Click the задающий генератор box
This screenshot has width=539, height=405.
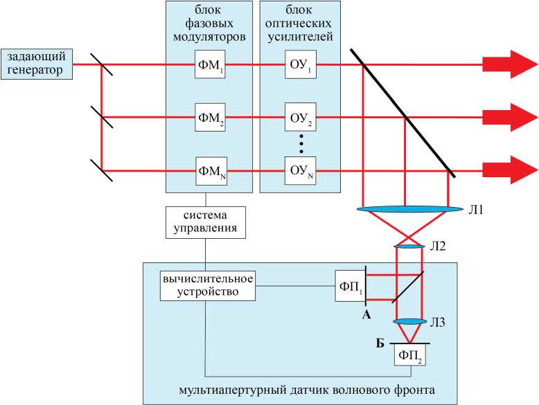36,63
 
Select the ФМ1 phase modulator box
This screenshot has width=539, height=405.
211,65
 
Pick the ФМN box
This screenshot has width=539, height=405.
211,170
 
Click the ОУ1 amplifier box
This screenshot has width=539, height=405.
299,65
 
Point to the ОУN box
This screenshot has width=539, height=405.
299,170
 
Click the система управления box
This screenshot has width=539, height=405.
206,221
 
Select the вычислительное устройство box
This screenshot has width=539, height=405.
206,285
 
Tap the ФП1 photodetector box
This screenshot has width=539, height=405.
350,286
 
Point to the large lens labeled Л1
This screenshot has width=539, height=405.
411,208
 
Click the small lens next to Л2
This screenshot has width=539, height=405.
409,246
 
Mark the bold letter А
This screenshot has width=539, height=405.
367,314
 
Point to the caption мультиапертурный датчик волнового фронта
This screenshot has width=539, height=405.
306,390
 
